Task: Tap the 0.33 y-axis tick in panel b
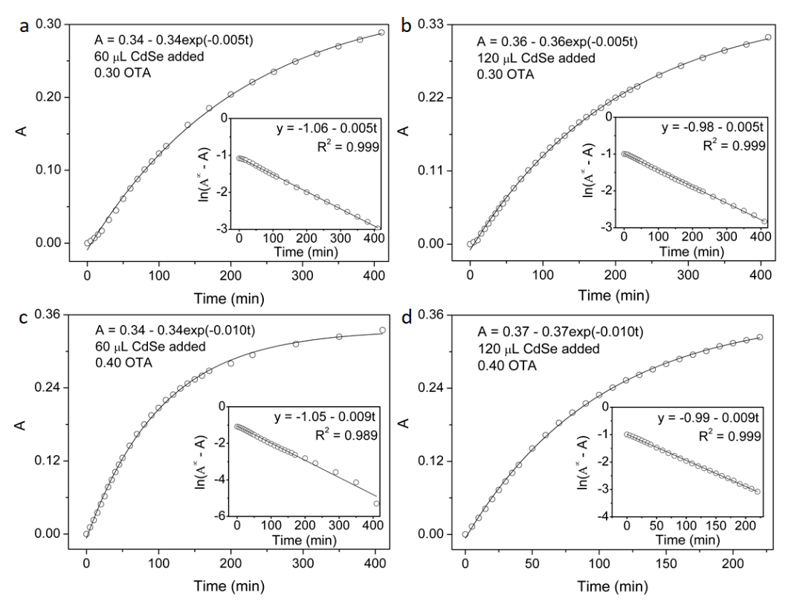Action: point(432,25)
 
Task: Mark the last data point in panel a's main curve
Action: point(381,32)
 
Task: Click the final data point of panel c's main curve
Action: point(382,330)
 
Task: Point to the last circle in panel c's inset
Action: point(377,504)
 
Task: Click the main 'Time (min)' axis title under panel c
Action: point(230,586)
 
